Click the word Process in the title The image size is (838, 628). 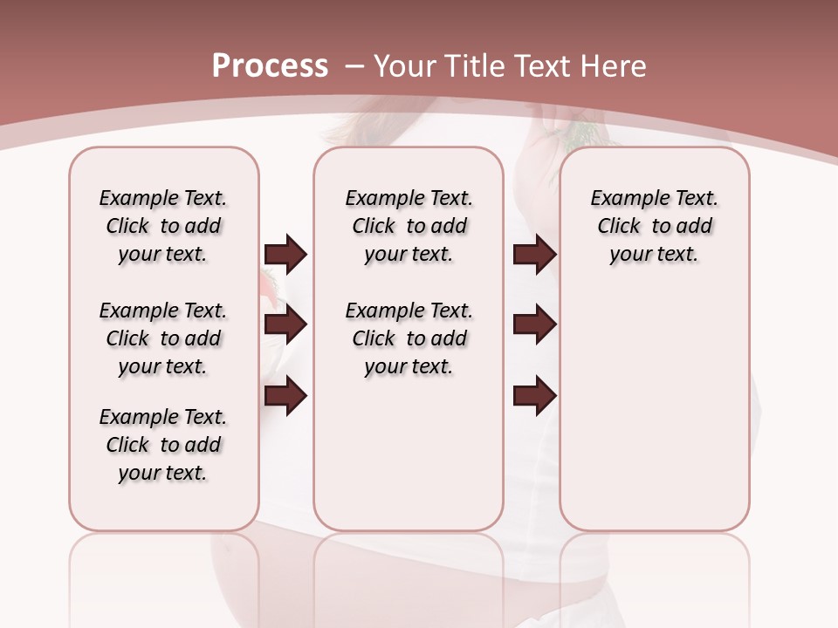pyautogui.click(x=270, y=66)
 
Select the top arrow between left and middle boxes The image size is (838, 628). pyautogui.click(x=285, y=254)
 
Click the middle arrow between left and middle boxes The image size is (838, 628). pyautogui.click(x=285, y=324)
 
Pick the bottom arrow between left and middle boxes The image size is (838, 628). pyautogui.click(x=285, y=396)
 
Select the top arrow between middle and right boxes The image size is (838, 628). pyautogui.click(x=534, y=254)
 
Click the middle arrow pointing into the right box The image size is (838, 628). pyautogui.click(x=534, y=324)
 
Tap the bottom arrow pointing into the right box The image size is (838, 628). pyautogui.click(x=534, y=396)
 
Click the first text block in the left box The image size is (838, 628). pyautogui.click(x=163, y=226)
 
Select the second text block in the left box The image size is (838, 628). pyautogui.click(x=163, y=338)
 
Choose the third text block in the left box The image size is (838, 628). pyautogui.click(x=163, y=445)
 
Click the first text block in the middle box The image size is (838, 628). pyautogui.click(x=409, y=226)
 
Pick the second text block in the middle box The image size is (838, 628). pyautogui.click(x=409, y=338)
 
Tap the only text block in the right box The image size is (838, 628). pyautogui.click(x=654, y=226)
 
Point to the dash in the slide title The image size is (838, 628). pyautogui.click(x=354, y=66)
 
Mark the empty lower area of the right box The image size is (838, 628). pyautogui.click(x=654, y=419)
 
